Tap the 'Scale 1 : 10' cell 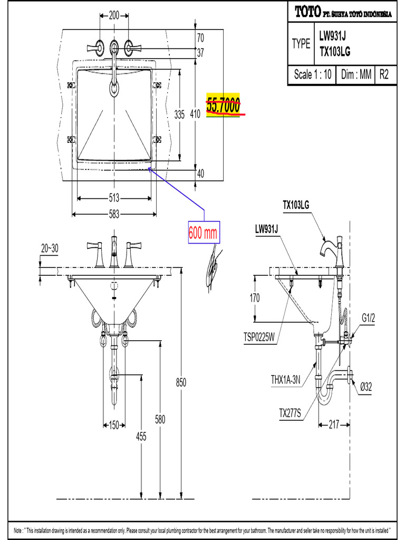(x=313, y=75)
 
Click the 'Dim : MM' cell (x=356, y=75)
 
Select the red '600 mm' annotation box (x=204, y=233)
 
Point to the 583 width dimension (x=114, y=214)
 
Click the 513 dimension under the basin (x=114, y=198)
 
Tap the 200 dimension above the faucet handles (x=114, y=16)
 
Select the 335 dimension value (x=179, y=114)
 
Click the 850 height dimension (x=181, y=382)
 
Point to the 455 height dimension (x=141, y=437)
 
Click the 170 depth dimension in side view (x=255, y=298)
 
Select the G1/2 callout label (x=368, y=317)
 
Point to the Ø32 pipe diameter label (x=367, y=387)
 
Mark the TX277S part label (x=290, y=413)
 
